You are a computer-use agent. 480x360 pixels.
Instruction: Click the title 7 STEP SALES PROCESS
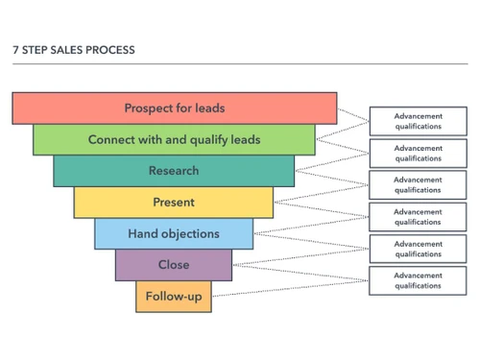pyautogui.click(x=74, y=49)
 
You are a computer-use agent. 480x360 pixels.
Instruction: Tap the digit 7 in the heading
pyautogui.click(x=16, y=49)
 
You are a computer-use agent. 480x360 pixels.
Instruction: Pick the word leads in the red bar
pyautogui.click(x=208, y=108)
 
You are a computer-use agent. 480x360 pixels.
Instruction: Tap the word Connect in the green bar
pyautogui.click(x=111, y=139)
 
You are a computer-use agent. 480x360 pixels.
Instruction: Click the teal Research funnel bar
pyautogui.click(x=174, y=171)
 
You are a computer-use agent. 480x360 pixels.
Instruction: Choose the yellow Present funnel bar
pyautogui.click(x=174, y=203)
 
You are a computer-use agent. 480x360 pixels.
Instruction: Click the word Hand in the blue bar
pyautogui.click(x=142, y=233)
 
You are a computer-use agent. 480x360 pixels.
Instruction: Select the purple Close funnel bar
pyautogui.click(x=174, y=265)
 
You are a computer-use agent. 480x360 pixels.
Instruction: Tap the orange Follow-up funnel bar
pyautogui.click(x=174, y=297)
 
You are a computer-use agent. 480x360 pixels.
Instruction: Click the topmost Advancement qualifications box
pyautogui.click(x=418, y=121)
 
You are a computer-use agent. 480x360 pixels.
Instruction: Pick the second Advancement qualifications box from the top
pyautogui.click(x=418, y=154)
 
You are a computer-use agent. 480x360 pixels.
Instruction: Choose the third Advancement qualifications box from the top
pyautogui.click(x=418, y=184)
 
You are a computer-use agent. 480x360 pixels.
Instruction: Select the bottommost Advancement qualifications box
pyautogui.click(x=418, y=279)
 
